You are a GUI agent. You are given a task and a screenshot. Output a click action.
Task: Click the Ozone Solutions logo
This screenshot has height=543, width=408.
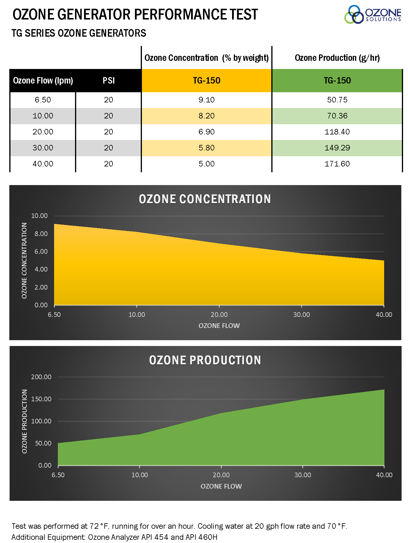[373, 14]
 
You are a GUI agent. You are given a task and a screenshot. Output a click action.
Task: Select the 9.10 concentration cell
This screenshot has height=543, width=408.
[206, 100]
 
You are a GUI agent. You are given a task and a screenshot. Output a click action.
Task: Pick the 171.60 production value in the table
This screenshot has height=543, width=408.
[337, 164]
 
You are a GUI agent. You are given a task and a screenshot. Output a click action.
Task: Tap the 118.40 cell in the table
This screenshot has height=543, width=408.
[337, 132]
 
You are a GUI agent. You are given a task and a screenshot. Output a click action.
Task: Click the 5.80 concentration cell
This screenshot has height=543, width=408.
[206, 148]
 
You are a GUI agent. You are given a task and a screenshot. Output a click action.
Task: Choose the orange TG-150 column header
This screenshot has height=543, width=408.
[206, 80]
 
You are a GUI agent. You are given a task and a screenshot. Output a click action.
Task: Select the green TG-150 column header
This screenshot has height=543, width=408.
[337, 80]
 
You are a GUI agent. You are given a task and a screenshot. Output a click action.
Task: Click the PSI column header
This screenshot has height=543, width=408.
[108, 80]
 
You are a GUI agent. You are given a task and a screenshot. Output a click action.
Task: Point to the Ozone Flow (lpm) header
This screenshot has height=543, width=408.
[43, 80]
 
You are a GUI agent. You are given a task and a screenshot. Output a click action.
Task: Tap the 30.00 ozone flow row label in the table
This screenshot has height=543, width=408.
[43, 148]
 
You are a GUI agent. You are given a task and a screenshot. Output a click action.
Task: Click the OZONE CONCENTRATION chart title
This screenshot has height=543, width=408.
[205, 199]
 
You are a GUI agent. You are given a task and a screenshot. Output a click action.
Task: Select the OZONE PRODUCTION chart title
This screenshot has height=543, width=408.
[205, 360]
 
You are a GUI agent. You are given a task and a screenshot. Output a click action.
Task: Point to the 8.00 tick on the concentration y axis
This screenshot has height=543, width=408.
[41, 234]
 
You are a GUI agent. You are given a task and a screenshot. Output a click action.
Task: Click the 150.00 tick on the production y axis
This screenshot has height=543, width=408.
[41, 399]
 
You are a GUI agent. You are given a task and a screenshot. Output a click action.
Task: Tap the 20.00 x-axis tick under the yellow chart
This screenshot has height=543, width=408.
[219, 315]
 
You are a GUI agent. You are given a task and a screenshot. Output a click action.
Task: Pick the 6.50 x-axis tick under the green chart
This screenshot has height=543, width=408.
[58, 475]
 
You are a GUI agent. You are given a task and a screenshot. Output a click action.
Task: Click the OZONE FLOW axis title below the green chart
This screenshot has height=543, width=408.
[221, 486]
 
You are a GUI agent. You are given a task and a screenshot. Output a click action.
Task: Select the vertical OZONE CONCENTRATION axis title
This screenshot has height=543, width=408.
[24, 260]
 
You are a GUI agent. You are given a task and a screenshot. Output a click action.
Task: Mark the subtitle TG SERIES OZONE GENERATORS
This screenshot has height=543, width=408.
[79, 33]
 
